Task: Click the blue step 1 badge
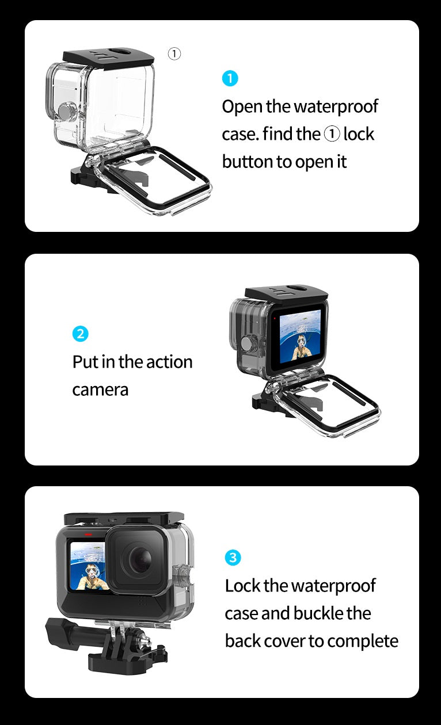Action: pos(230,78)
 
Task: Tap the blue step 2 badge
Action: pos(80,334)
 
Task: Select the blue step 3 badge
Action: pos(233,558)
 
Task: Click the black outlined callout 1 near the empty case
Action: pos(174,54)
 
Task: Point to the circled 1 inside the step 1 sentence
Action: pos(332,134)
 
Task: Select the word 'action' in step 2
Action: pos(169,362)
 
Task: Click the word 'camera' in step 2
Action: pos(100,390)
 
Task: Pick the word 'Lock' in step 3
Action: pos(242,586)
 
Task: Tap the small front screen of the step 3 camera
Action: pos(88,566)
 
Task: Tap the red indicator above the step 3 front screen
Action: pos(88,535)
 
